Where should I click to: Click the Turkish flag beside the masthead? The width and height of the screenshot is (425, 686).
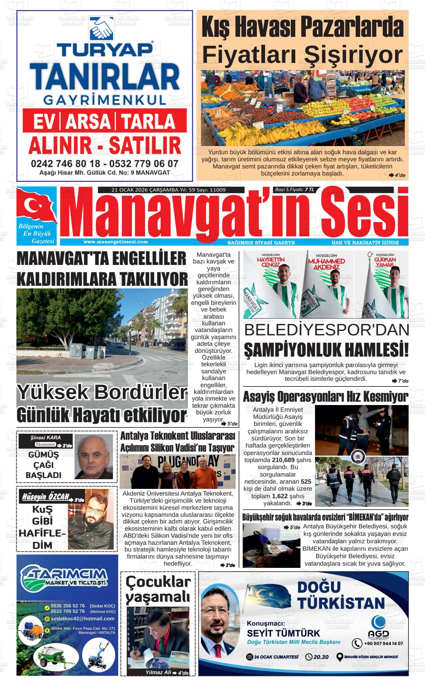[36, 206]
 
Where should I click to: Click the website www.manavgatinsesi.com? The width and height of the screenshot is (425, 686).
[116, 242]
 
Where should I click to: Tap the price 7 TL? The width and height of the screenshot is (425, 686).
[309, 190]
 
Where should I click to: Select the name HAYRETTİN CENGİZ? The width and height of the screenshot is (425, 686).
[271, 262]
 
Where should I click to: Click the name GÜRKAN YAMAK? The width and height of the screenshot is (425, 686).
[381, 262]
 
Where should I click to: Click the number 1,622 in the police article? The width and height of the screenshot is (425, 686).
[280, 496]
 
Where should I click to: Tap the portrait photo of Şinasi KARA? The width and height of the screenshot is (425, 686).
[94, 456]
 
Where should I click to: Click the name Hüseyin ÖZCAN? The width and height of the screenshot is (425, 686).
[46, 497]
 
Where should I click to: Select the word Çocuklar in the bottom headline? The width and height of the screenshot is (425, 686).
[158, 582]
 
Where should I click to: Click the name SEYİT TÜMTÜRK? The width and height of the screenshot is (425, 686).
[283, 633]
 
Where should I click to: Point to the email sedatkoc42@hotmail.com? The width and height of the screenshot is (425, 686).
[83, 619]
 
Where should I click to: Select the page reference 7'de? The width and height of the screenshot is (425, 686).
[403, 381]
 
